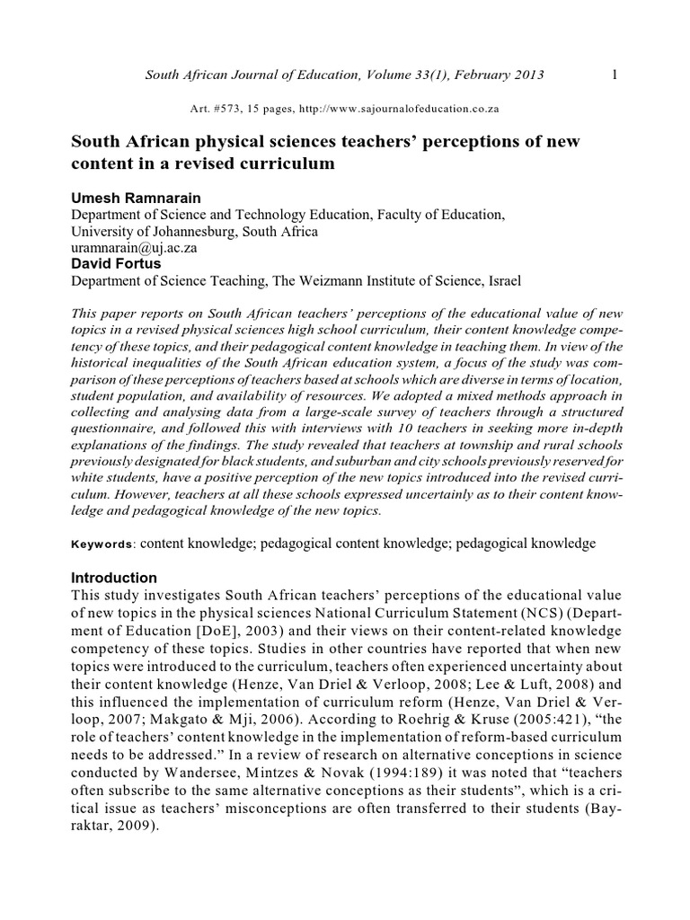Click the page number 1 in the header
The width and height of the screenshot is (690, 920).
614,75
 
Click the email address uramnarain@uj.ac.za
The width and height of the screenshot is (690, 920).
134,247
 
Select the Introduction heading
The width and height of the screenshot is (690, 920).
114,578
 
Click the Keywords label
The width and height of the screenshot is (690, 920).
102,544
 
